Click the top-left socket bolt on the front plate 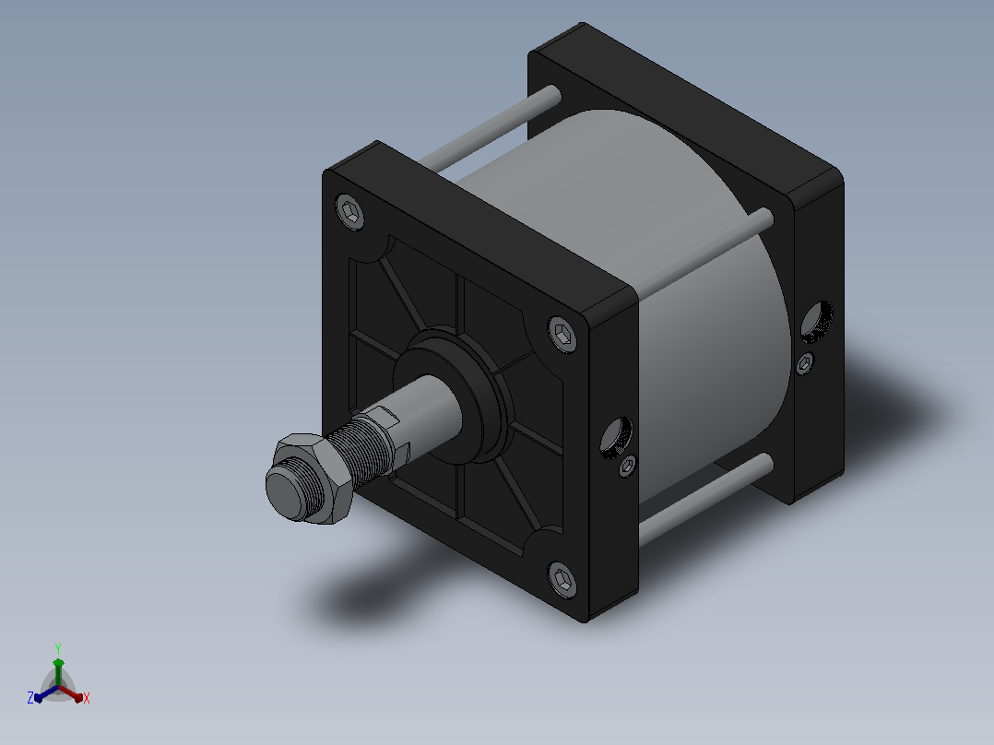[350, 212]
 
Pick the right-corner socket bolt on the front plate [562, 334]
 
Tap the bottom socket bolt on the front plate [562, 579]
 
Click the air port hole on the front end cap [616, 437]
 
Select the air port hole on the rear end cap [817, 322]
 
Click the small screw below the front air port [628, 466]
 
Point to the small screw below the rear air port [805, 363]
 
